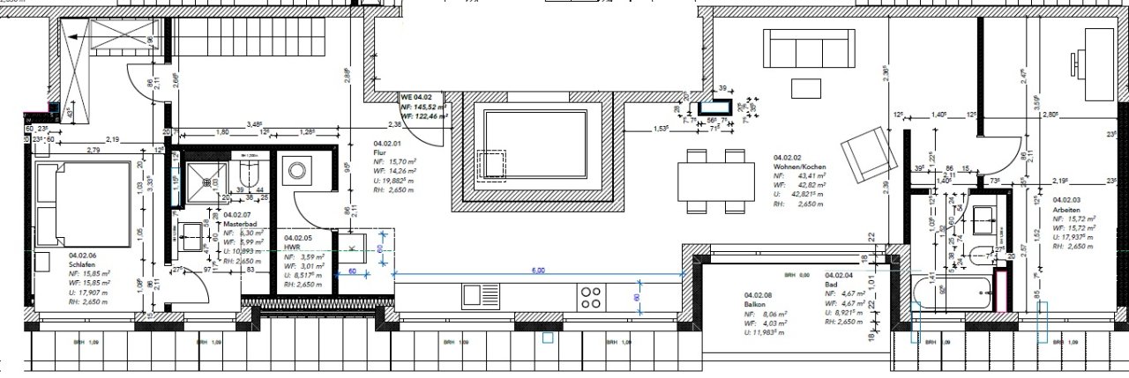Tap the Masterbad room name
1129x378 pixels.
[238, 224]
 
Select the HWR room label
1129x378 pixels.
[291, 247]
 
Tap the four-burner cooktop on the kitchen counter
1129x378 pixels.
[590, 296]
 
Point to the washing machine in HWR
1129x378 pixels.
[294, 169]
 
